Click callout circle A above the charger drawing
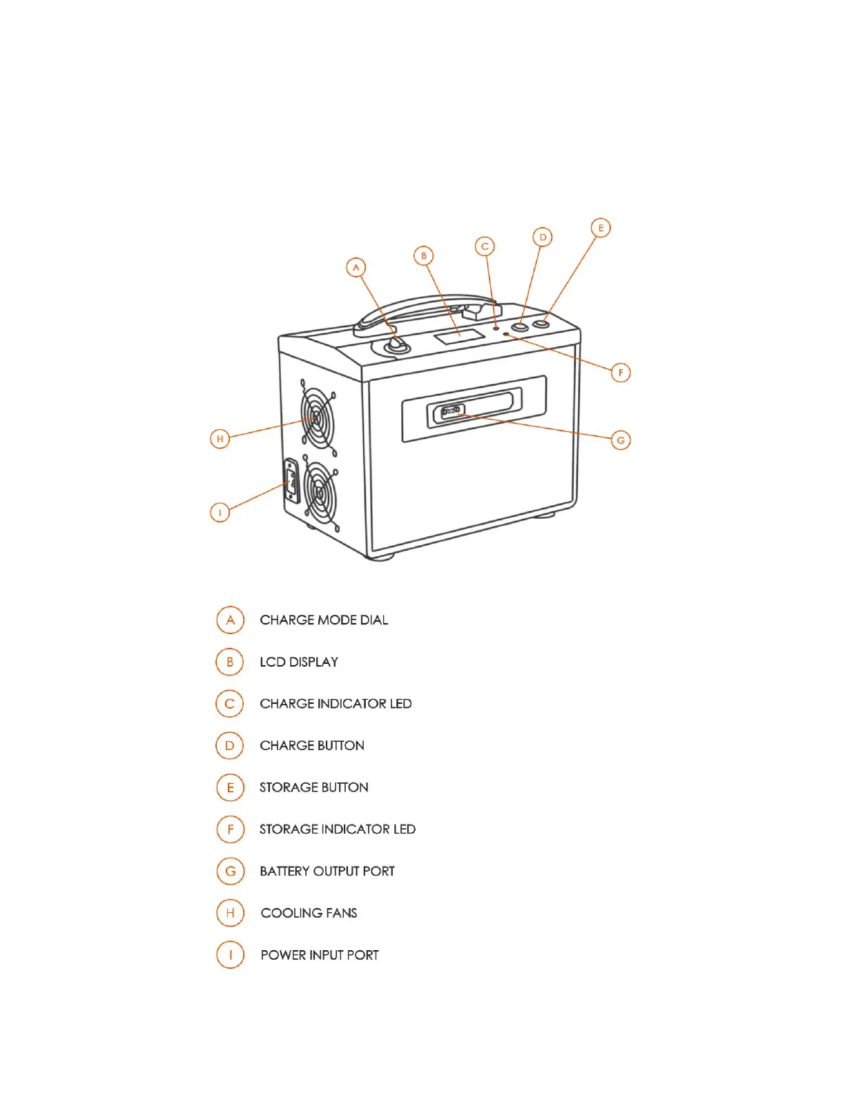(x=356, y=268)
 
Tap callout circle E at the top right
(x=601, y=228)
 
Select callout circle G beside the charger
(x=621, y=440)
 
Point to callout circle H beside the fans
(x=220, y=439)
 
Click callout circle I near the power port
(x=220, y=513)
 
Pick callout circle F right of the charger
(x=621, y=373)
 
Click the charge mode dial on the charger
(x=397, y=344)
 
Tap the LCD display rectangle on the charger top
(x=458, y=337)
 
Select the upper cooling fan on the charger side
(x=318, y=418)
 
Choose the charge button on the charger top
(x=520, y=326)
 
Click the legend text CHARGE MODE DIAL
(x=324, y=620)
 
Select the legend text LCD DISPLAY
(x=299, y=662)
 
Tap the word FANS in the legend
(x=341, y=914)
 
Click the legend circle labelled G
(x=231, y=872)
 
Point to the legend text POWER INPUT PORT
(x=320, y=956)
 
